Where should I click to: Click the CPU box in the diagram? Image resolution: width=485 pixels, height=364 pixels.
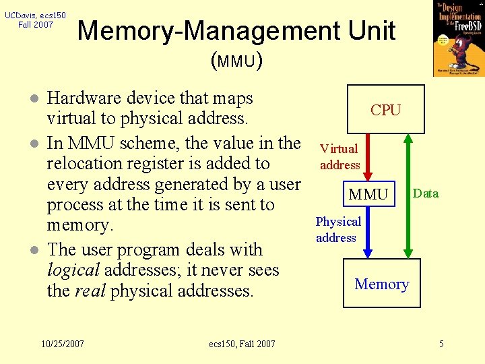click(x=385, y=109)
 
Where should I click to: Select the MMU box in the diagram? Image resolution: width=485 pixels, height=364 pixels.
click(x=368, y=195)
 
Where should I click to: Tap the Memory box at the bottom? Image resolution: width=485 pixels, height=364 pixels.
click(x=382, y=284)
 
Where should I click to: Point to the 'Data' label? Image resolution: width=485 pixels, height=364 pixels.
click(x=426, y=193)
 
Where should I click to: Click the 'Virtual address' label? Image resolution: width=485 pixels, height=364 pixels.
click(x=339, y=156)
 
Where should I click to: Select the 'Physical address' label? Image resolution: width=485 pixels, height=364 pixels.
click(x=338, y=229)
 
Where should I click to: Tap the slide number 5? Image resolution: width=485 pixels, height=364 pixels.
click(x=441, y=344)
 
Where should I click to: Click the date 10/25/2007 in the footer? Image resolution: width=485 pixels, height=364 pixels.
click(x=62, y=344)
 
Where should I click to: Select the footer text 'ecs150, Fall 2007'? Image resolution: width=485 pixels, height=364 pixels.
click(x=242, y=344)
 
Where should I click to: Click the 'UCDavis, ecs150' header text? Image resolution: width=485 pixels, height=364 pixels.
click(x=35, y=15)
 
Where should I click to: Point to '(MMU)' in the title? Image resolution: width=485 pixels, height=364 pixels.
click(x=236, y=61)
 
